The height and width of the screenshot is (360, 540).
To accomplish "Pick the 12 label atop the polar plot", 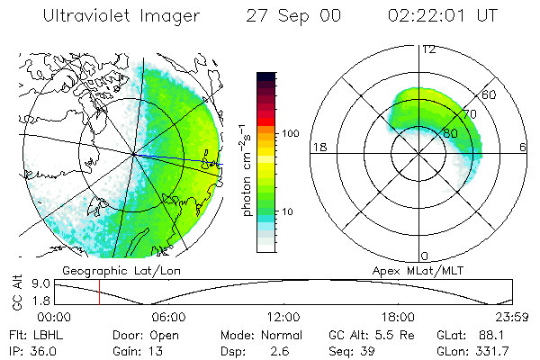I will pos(427,49).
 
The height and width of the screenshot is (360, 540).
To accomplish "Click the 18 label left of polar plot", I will pos(318,147).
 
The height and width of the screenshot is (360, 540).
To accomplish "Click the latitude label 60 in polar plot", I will pos(490,94).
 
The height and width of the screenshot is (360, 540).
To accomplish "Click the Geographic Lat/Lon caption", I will pos(106,270).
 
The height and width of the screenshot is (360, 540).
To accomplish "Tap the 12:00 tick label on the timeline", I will pos(283,317).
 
